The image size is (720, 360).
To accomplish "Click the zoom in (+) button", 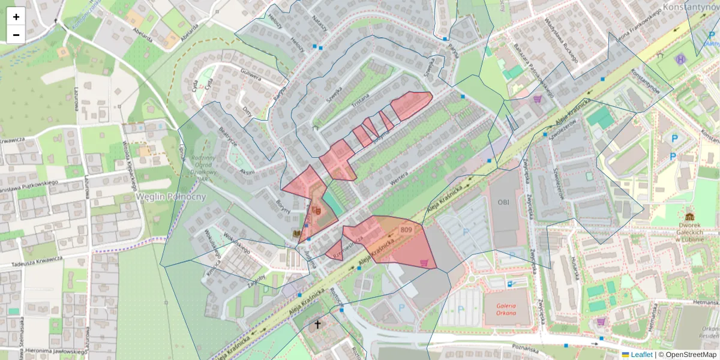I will pos(16,16).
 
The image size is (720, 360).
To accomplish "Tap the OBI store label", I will pos(503,202).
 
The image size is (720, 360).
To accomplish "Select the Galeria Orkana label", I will pos(507,308).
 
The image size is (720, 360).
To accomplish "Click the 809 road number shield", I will pos(406,230).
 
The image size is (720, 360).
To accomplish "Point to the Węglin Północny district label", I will pos(171,197).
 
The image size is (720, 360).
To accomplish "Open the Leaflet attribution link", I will pos(641,355).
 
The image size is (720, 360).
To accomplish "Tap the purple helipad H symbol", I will pos(680,59).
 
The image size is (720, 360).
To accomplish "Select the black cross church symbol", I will pos(318,325).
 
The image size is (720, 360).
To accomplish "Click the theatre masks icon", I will pos(316,210).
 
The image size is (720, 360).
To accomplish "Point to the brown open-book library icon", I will pos(297,232).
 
